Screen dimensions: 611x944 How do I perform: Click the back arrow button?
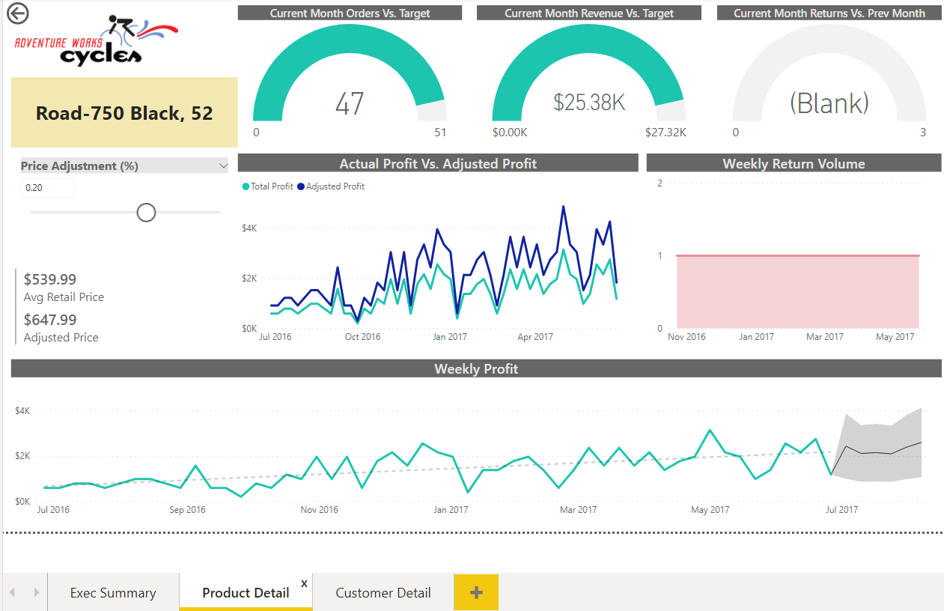point(17,13)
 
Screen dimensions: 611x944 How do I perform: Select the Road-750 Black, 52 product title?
point(124,113)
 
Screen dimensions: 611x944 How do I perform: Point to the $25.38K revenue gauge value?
point(589,103)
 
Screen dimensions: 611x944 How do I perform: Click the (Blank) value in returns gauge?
point(829,103)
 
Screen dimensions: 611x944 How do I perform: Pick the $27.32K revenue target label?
point(666,133)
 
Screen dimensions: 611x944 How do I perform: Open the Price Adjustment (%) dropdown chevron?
point(222,166)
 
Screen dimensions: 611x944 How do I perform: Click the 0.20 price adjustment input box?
point(48,188)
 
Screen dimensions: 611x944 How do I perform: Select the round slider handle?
point(146,213)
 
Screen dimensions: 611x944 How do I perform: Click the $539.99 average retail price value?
point(50,279)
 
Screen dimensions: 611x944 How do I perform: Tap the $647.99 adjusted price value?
point(50,320)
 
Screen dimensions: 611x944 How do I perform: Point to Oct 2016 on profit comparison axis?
point(362,337)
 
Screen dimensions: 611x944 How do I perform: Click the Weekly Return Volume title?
point(794,163)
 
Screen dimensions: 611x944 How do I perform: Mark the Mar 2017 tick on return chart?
point(824,337)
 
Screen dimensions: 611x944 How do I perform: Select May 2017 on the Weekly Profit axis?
point(710,510)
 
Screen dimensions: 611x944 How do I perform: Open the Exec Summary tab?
point(113,593)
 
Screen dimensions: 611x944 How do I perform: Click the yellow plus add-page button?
point(476,592)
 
